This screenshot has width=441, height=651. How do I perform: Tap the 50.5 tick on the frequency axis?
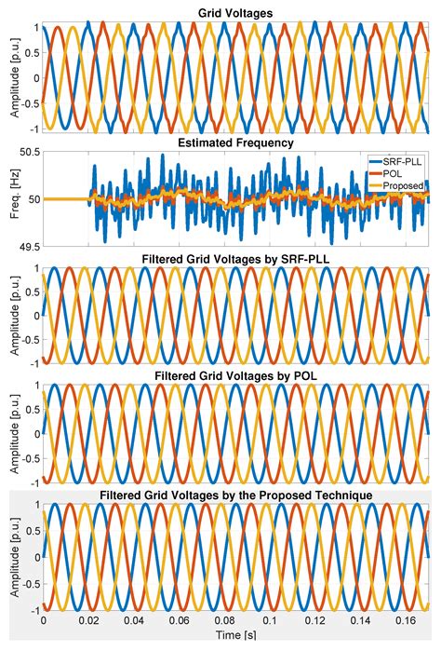pos(29,153)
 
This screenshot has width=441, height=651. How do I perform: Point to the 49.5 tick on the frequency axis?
pos(29,246)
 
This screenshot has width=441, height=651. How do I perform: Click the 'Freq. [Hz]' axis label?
pos(11,199)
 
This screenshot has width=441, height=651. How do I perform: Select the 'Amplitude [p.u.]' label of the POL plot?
pos(11,433)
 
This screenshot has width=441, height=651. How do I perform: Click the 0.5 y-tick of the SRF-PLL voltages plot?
pos(31,292)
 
